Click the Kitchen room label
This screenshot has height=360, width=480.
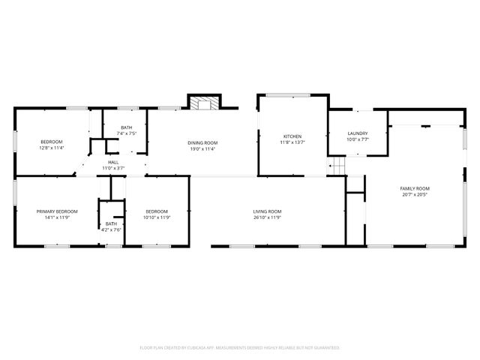[292, 136]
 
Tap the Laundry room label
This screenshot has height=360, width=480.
[357, 133]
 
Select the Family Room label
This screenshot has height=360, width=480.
[414, 188]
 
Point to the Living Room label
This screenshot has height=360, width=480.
[267, 211]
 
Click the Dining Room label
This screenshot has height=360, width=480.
[202, 142]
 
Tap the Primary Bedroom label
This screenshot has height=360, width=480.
[57, 211]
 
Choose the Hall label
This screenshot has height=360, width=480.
[112, 162]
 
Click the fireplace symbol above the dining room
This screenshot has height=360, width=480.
[202, 103]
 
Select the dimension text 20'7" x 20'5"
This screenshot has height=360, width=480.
[414, 194]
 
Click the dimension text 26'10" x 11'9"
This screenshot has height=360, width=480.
[267, 217]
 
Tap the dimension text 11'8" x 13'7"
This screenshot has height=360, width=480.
[292, 142]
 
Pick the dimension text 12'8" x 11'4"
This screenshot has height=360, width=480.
[52, 148]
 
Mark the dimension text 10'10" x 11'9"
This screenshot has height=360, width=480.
[157, 217]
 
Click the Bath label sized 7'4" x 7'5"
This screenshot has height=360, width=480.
[126, 127]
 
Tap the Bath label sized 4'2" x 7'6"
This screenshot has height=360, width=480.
[111, 223]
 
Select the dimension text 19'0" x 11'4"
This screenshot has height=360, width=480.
[202, 148]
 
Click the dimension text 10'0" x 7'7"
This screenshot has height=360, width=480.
[357, 139]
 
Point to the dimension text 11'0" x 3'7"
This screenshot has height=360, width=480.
[112, 168]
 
